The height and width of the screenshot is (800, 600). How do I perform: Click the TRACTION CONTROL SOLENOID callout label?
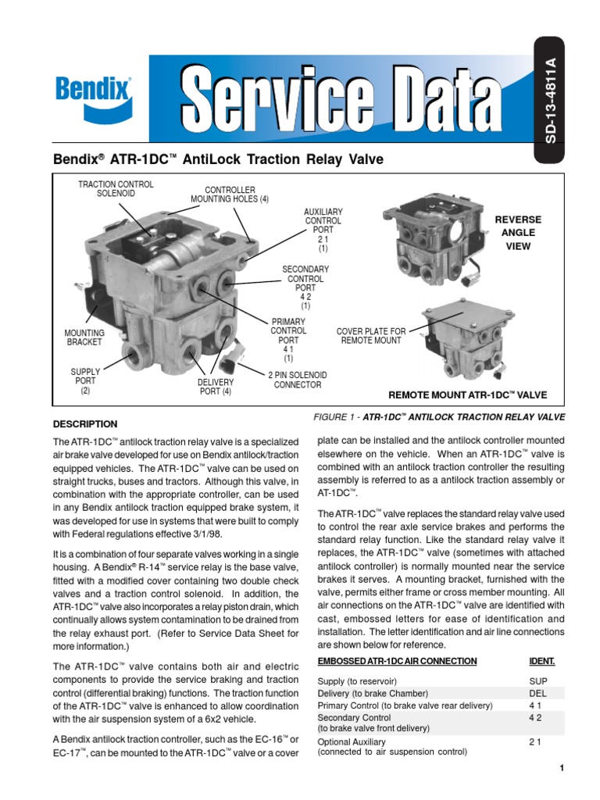(116, 189)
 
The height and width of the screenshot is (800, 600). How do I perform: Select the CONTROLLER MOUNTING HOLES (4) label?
(230, 195)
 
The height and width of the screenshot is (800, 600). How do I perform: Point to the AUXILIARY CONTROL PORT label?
(323, 230)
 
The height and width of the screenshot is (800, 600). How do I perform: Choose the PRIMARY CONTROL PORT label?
(288, 340)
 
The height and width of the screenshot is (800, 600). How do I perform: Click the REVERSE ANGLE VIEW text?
(517, 233)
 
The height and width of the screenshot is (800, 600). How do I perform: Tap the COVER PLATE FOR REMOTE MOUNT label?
(371, 337)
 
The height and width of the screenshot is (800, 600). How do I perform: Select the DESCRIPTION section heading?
(85, 424)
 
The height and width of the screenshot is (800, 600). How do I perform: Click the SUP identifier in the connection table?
(537, 681)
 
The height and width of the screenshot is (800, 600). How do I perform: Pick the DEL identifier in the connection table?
(537, 693)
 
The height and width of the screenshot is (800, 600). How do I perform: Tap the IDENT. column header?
(542, 661)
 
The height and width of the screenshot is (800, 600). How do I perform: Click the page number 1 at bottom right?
(561, 769)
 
